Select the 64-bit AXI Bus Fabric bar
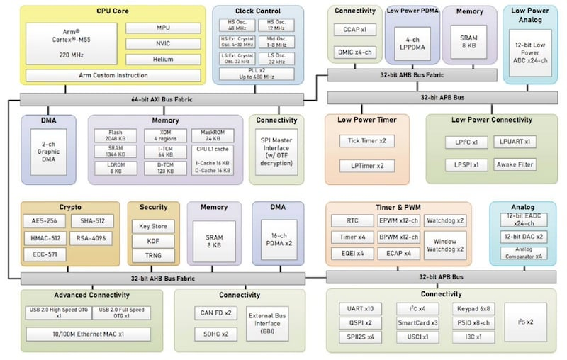pos(163,100)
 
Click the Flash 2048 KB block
pos(116,135)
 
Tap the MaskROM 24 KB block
pos(212,135)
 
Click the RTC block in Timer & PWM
pos(352,220)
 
